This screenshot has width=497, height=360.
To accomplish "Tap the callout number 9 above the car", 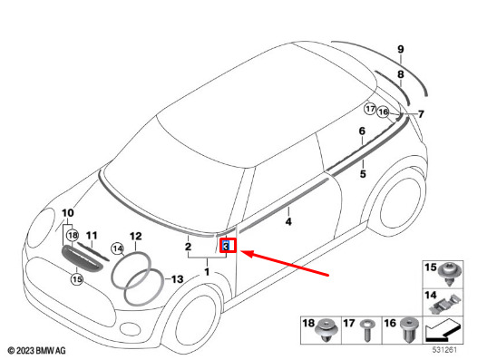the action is (401, 50).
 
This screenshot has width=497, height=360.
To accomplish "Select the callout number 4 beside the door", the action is (288, 221).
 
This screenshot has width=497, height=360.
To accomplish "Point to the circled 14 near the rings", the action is (118, 248).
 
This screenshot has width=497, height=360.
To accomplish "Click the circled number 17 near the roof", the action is (370, 109).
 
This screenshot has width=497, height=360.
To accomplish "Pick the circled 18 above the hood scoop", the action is (73, 235).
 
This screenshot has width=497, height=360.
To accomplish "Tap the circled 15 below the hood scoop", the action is (77, 279).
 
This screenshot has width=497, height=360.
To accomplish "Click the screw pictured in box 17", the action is (367, 330).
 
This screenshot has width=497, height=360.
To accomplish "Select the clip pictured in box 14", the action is (445, 304).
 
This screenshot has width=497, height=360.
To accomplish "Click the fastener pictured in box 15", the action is (450, 274).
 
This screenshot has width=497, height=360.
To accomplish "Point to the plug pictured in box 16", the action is (409, 330).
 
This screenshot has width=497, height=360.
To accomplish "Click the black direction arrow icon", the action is (443, 330).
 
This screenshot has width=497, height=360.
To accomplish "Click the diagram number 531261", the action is (444, 350).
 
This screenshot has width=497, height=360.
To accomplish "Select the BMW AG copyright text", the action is (37, 350).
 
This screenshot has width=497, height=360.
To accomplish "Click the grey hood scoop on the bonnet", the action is (82, 258).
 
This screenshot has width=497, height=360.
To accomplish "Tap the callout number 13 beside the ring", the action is (177, 279).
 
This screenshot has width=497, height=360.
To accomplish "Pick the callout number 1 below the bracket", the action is (207, 272).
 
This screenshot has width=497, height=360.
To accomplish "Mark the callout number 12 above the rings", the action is (136, 237).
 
